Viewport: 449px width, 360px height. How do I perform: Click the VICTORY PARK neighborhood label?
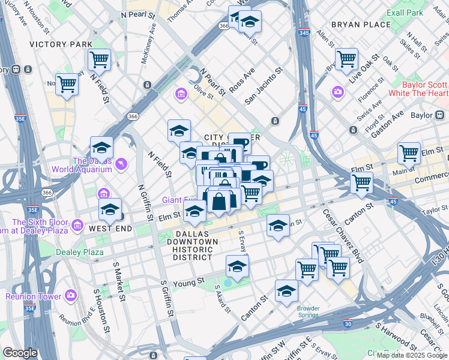[x=61, y=44]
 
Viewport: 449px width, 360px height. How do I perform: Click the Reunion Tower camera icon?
[x=71, y=296]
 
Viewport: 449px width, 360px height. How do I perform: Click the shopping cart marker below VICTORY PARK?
[x=99, y=60]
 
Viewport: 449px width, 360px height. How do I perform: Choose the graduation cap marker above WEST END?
[x=110, y=210]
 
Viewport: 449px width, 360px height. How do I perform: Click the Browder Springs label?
[x=308, y=312]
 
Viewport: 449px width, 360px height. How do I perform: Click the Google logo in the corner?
[x=20, y=353]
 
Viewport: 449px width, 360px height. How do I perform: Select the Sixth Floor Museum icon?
[x=77, y=226]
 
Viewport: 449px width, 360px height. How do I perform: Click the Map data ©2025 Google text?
[x=412, y=355]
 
